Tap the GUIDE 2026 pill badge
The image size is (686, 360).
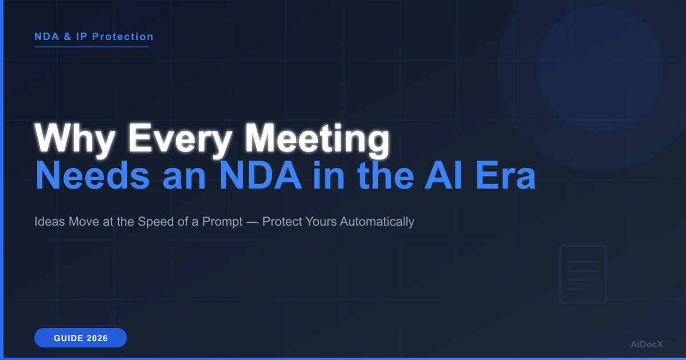tap(81, 338)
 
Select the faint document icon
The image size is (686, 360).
tap(583, 274)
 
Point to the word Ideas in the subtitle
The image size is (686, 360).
tap(49, 222)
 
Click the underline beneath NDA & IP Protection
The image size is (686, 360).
tap(91, 47)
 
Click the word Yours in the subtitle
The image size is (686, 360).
tap(321, 222)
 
